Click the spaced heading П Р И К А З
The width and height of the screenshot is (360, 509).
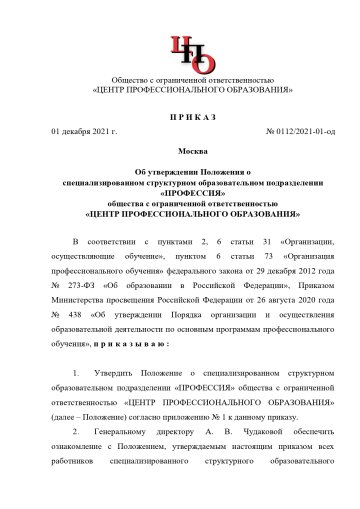[x=180, y=118]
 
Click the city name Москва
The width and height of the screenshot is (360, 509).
[x=180, y=151]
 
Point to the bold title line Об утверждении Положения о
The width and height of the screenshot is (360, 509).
[x=180, y=171]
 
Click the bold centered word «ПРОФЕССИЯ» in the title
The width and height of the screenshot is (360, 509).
[x=180, y=193]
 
